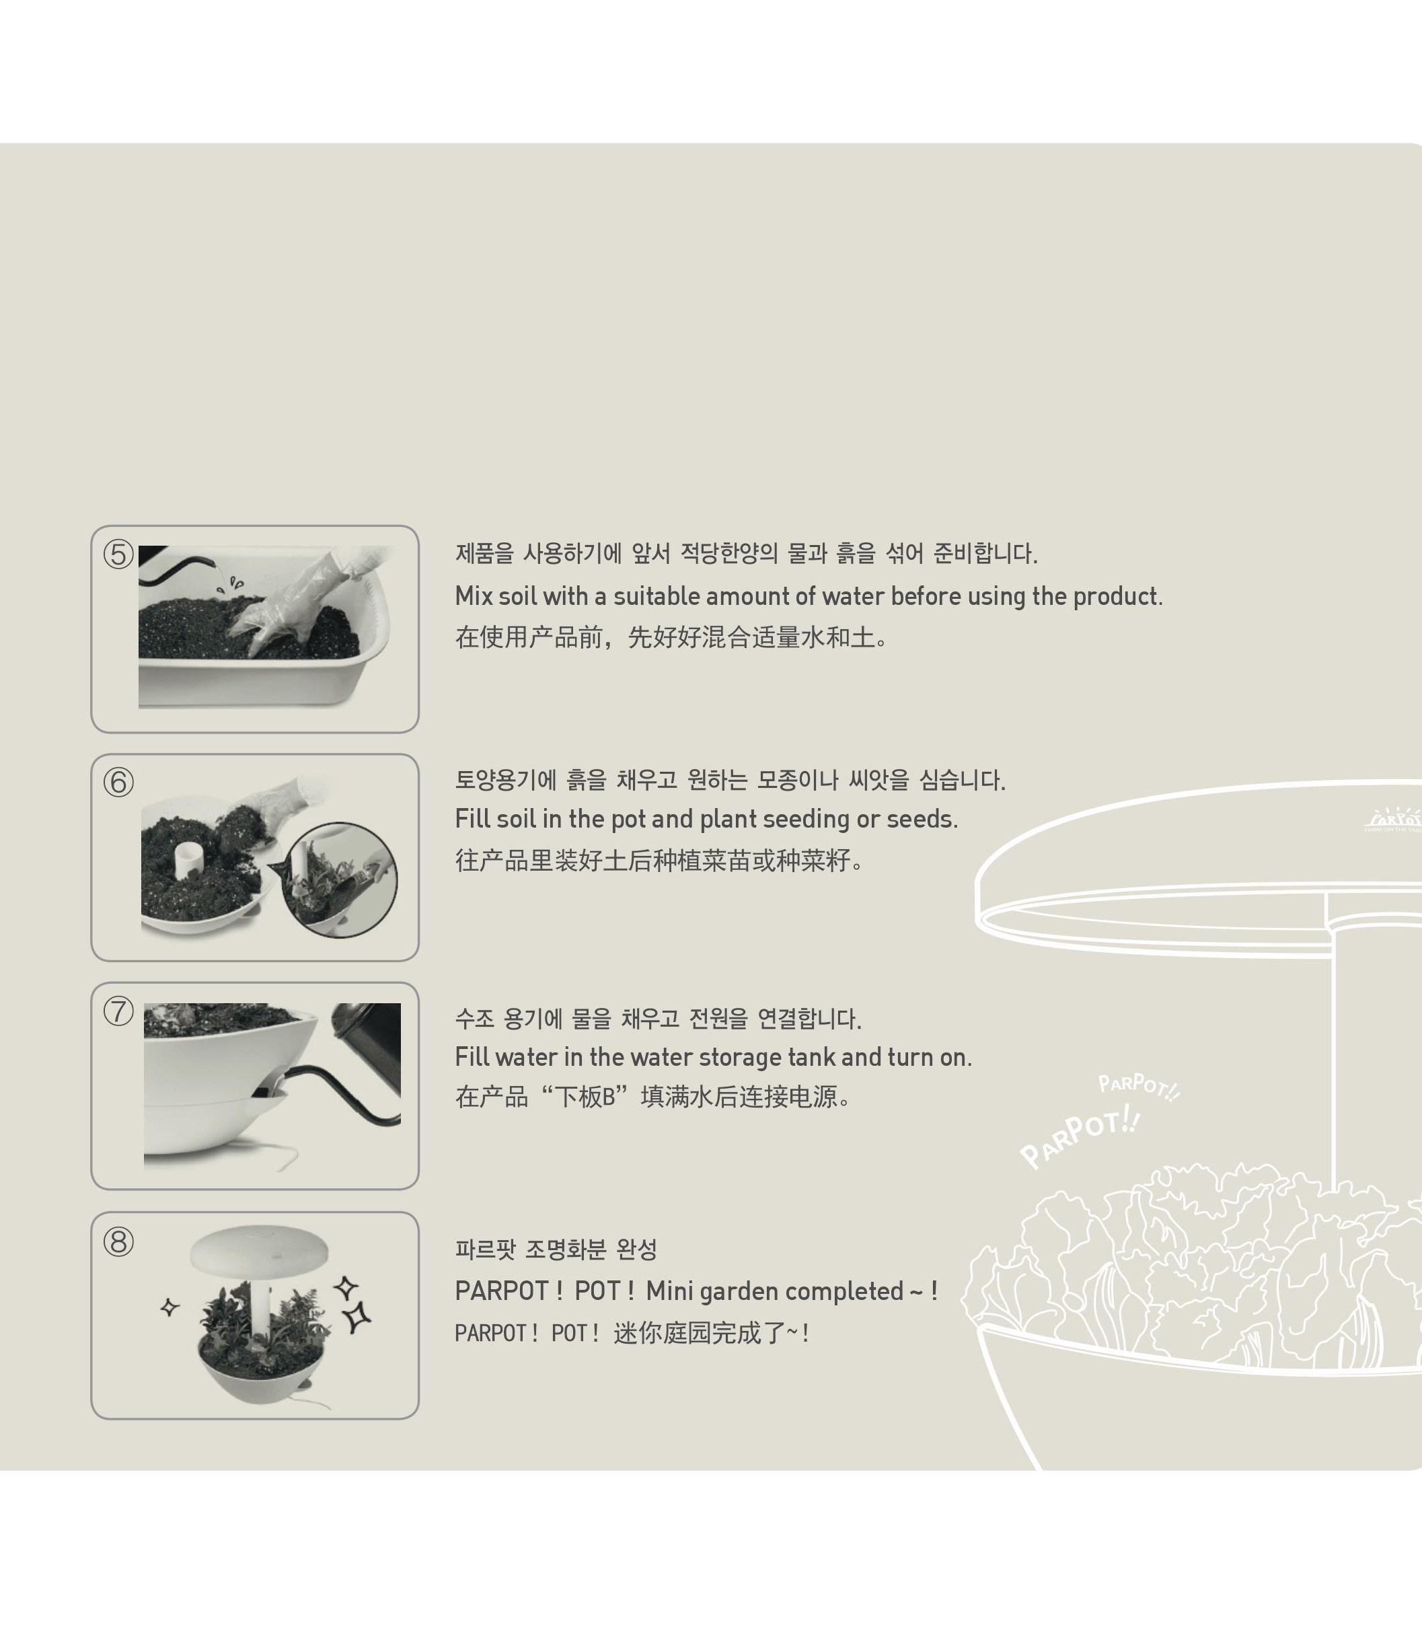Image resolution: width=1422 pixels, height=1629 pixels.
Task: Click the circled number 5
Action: click(118, 554)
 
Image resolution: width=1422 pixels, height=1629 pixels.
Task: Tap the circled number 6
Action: click(118, 783)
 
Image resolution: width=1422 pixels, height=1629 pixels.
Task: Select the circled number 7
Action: click(118, 1011)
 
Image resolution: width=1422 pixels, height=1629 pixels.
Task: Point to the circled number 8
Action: click(118, 1241)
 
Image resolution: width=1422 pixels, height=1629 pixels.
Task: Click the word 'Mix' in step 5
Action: click(474, 596)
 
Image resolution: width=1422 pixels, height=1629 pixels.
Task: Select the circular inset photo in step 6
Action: click(340, 879)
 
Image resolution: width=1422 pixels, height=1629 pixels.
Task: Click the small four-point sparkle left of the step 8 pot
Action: click(170, 1307)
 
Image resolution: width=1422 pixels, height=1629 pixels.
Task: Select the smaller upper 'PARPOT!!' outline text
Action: click(1139, 1087)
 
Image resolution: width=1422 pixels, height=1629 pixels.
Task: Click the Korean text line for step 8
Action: click(556, 1250)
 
